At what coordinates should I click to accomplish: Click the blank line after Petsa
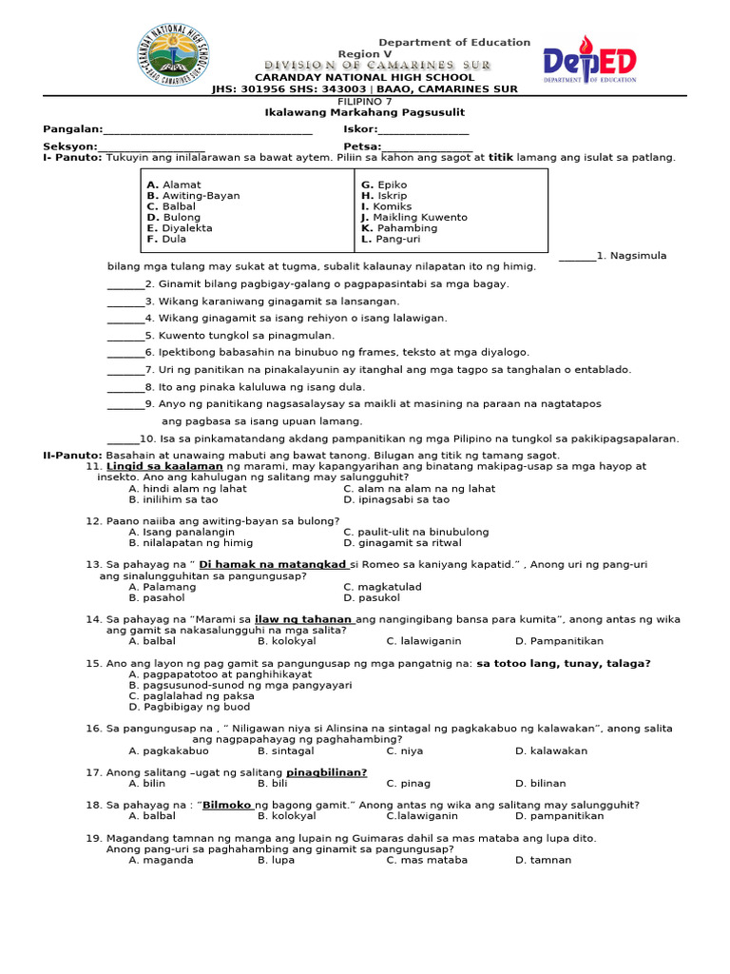tap(426, 147)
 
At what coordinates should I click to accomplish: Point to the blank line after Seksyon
tap(151, 147)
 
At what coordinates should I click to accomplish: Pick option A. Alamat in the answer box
tap(174, 185)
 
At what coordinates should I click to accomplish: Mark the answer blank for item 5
tap(125, 336)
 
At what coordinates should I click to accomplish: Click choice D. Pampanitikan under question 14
tap(559, 641)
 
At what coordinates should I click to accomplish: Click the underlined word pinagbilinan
tap(327, 772)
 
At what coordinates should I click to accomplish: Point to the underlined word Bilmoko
tap(227, 805)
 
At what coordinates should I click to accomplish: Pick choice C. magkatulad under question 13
tap(383, 587)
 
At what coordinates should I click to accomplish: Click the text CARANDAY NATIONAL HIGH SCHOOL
tap(364, 77)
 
